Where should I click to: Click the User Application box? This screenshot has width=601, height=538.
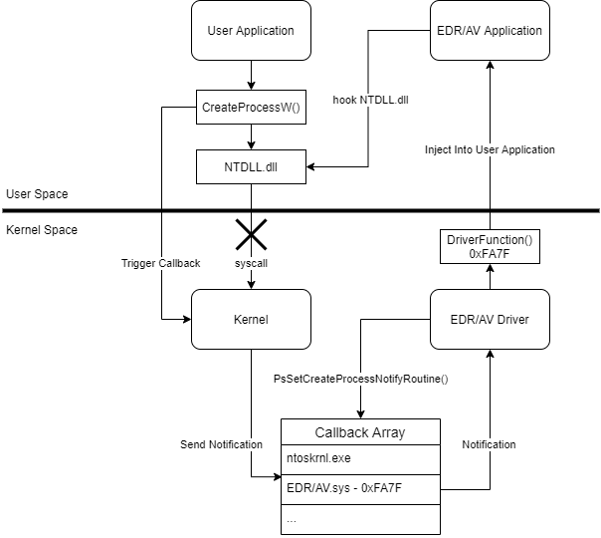(251, 31)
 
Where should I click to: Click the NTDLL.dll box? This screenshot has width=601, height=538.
(251, 166)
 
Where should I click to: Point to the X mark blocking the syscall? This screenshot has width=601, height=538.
(251, 235)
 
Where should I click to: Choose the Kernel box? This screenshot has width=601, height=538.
(251, 320)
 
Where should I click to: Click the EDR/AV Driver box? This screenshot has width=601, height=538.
(489, 320)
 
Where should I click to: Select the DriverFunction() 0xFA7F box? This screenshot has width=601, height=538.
(489, 247)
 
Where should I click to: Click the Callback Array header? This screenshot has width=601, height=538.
(359, 432)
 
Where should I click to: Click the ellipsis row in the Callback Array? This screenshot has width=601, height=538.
(359, 519)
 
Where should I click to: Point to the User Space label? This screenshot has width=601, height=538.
(37, 193)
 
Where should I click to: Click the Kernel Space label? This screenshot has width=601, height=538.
(42, 230)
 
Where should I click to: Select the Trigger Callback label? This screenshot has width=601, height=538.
(160, 263)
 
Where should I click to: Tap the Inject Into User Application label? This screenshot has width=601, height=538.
(490, 149)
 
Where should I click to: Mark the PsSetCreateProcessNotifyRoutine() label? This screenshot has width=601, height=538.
(361, 380)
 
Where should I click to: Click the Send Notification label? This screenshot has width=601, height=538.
(222, 443)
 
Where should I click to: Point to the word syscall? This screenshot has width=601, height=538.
(251, 264)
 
